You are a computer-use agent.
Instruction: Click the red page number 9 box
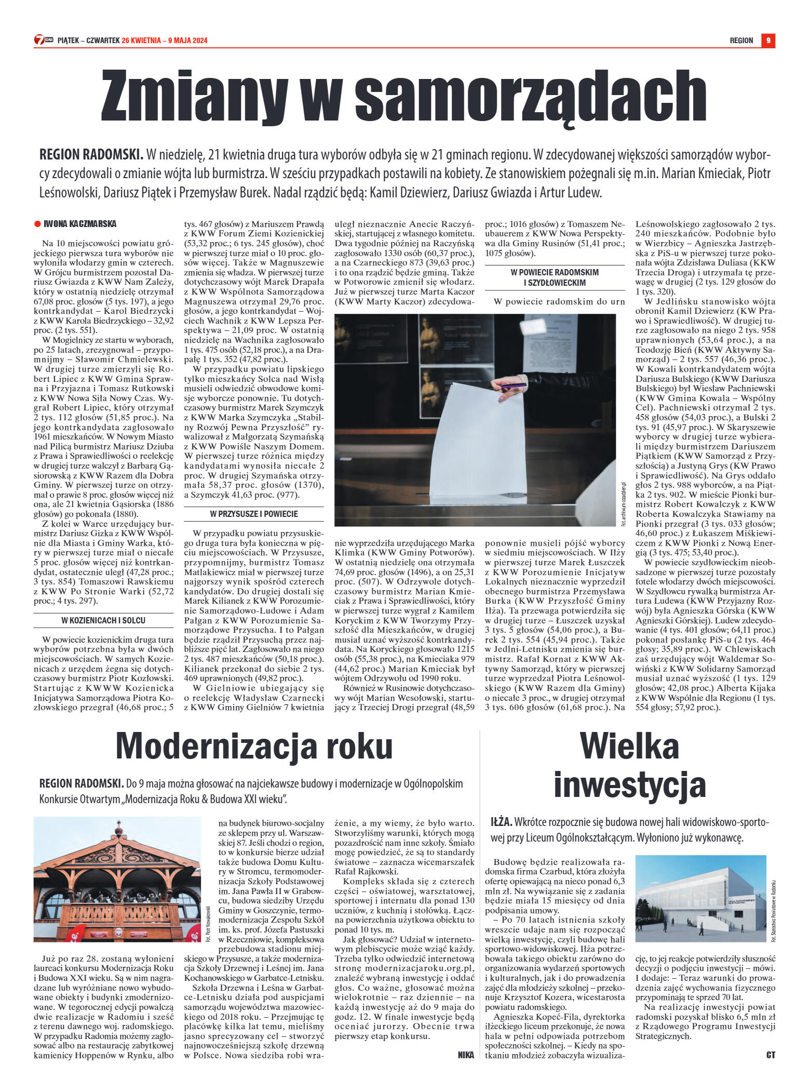coord(768,40)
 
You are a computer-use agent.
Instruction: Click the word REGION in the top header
coord(741,41)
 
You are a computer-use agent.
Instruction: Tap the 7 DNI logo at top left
coord(43,40)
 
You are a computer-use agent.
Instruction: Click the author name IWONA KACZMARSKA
coord(80,224)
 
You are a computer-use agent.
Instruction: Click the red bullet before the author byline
coord(37,224)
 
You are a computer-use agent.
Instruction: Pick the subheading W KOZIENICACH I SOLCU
coord(103,620)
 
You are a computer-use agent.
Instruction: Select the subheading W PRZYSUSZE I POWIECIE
coord(253,514)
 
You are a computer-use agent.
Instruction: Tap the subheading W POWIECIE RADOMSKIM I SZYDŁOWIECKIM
coord(555,277)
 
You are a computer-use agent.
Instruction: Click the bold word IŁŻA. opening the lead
coord(501,821)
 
